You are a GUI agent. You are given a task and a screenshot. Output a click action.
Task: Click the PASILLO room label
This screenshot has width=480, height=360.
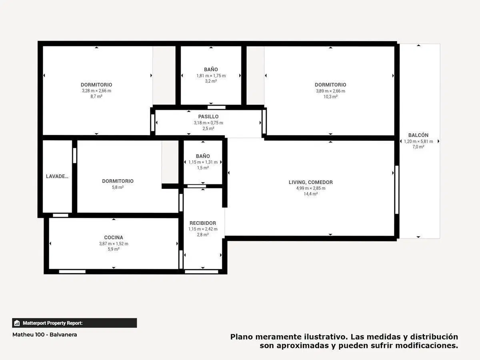click(x=208, y=116)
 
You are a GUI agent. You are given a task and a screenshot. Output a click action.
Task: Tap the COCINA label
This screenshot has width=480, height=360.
click(x=114, y=237)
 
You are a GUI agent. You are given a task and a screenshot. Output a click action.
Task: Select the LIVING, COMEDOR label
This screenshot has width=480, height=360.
click(x=310, y=182)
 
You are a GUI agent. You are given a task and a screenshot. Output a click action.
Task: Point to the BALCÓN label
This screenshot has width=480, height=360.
click(x=418, y=135)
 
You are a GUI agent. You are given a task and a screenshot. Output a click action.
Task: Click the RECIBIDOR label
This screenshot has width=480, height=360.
click(x=203, y=223)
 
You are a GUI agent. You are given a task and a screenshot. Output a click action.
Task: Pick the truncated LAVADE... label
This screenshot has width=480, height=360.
click(x=57, y=176)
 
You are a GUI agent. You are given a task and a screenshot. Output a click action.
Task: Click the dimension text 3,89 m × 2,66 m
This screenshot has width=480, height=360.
click(x=330, y=91)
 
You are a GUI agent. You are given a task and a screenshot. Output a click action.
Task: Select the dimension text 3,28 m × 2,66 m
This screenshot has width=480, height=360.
click(x=96, y=91)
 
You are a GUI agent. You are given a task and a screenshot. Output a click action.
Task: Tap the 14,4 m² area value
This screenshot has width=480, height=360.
click(x=310, y=194)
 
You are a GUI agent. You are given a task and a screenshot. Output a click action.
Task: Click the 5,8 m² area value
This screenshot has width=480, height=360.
click(x=118, y=187)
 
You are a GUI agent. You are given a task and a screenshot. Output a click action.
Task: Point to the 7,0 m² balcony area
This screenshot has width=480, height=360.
click(x=418, y=147)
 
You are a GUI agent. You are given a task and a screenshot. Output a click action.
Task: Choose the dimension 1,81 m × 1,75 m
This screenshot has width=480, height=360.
click(x=211, y=76)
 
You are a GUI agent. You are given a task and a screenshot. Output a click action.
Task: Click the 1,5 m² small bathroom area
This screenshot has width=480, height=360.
click(x=203, y=168)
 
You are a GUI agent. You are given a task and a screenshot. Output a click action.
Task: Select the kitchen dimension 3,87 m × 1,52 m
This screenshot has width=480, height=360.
click(x=114, y=244)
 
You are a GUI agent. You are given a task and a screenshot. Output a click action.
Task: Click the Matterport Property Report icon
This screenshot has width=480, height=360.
click(x=17, y=323)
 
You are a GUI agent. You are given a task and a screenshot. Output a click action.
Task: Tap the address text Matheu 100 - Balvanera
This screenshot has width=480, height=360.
click(x=45, y=335)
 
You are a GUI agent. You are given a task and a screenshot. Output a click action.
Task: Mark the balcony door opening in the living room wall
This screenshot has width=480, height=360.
click(x=397, y=190)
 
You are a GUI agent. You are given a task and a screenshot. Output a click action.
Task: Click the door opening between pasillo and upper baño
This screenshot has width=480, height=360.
click(x=216, y=107)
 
